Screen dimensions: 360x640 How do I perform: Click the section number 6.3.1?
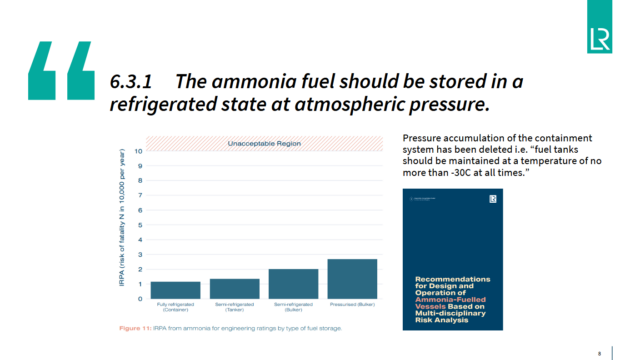[132, 79]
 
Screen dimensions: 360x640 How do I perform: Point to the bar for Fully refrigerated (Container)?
[176, 289]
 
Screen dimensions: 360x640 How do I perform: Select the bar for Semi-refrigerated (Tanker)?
[235, 287]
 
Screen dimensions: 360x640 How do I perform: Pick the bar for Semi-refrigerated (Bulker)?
[294, 283]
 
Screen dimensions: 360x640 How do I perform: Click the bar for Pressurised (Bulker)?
[352, 278]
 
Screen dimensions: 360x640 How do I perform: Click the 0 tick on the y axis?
[139, 298]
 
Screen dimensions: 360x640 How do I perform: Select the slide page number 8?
[599, 351]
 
